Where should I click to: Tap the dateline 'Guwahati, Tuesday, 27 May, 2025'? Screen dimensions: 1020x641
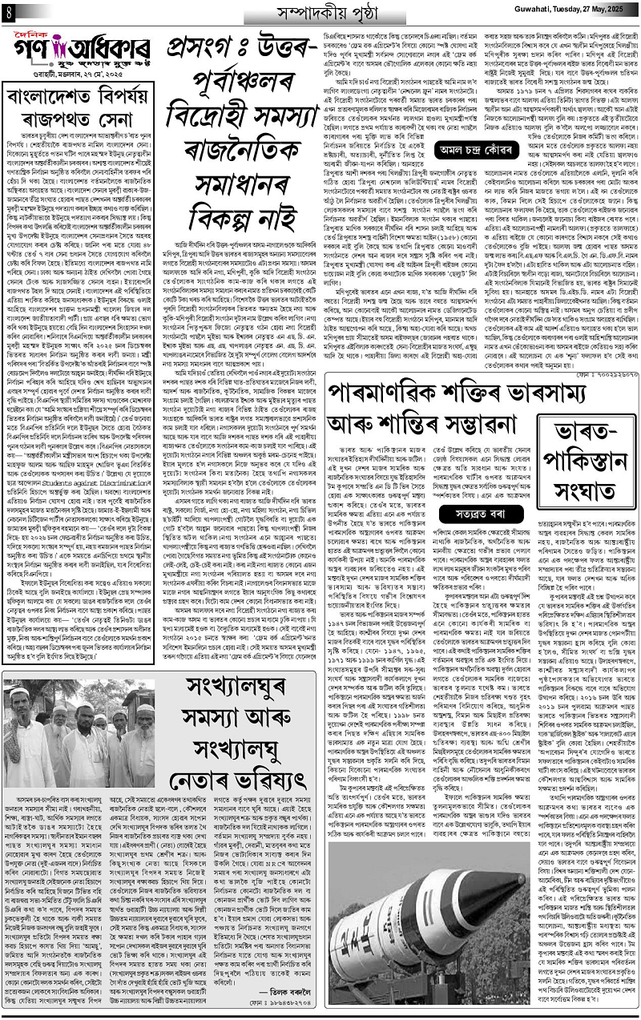coord(570,13)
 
